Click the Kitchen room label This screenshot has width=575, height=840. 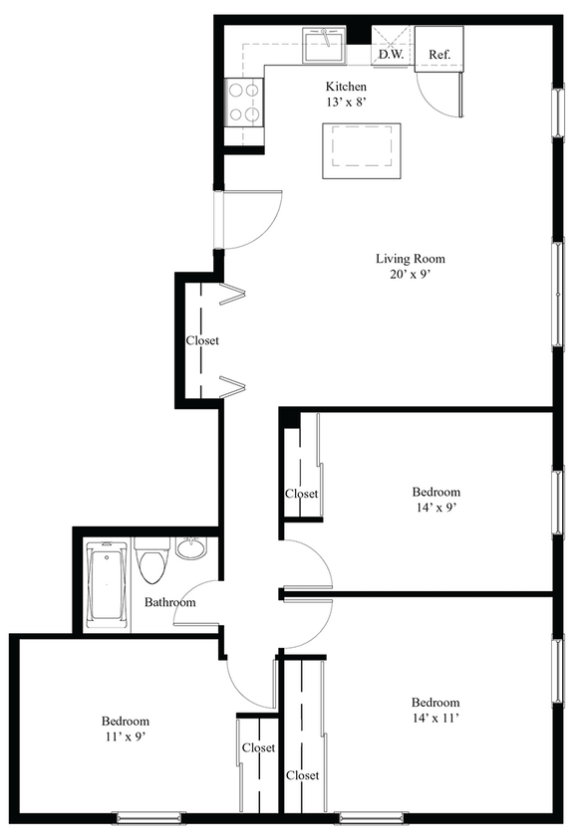point(346,87)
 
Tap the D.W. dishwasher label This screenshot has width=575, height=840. point(390,55)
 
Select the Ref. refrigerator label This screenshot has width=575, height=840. point(439,54)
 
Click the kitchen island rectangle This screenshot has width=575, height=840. point(361,151)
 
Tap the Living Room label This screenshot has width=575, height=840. point(410,259)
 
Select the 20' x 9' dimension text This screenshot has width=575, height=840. point(410,276)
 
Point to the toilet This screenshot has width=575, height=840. point(152,564)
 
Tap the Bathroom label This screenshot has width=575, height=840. point(169,602)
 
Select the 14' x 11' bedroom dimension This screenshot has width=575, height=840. point(435,718)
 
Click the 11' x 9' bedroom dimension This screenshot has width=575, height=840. point(126,737)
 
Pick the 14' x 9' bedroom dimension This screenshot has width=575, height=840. point(436,508)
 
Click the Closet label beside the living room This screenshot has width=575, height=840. point(202,340)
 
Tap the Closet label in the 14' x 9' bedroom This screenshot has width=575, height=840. point(301,494)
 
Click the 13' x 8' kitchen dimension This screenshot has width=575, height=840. point(346,104)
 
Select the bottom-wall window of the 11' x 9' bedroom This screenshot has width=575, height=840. point(145,818)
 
